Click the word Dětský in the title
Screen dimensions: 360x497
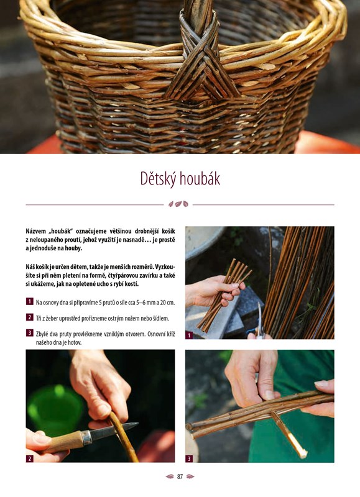tap(159, 178)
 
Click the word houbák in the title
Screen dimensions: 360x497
tap(200, 178)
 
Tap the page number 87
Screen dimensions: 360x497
tap(180, 476)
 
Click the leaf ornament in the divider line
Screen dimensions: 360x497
tap(178, 204)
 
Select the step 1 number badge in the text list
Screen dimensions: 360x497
tap(29, 301)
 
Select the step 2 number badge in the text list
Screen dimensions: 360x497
tap(29, 317)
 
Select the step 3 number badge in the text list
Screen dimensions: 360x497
tap(29, 333)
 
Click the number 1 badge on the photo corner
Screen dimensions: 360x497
tap(189, 335)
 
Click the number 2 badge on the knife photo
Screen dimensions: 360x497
tap(29, 458)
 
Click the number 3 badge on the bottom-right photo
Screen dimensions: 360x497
tap(189, 458)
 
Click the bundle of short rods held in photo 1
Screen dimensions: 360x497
tap(224, 294)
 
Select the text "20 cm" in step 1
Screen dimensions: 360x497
tap(167, 303)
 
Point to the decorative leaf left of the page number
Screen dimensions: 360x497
tap(170, 476)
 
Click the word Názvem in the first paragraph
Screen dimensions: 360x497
tap(35, 231)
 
